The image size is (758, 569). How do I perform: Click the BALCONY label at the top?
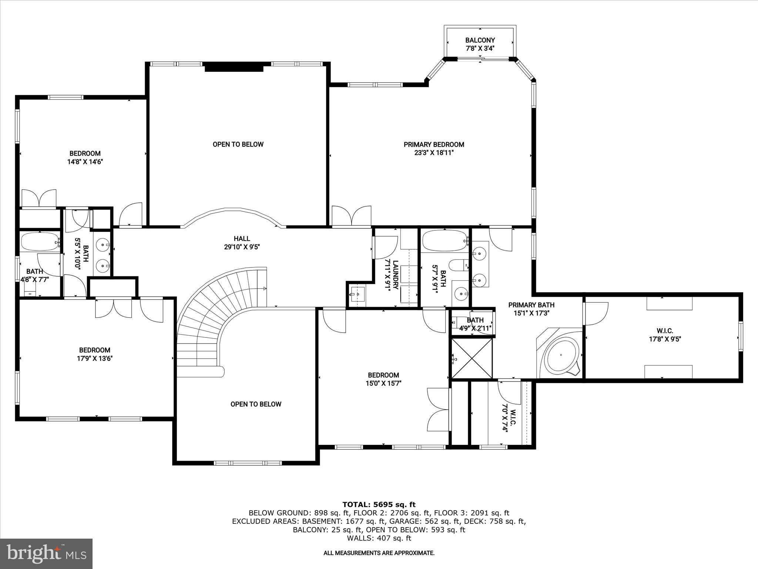coord(480,44)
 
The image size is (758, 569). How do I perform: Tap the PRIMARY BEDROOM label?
coord(434,148)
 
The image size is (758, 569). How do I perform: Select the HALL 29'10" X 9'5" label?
coord(242,243)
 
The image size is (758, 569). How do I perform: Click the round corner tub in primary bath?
coord(561,355)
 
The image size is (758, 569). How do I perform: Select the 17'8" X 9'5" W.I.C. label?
coord(665,335)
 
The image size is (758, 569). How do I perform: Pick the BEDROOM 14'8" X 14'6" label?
coord(85,157)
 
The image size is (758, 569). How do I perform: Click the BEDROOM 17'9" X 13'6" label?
coord(95,354)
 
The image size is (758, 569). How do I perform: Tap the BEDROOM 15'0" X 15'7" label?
coord(383,379)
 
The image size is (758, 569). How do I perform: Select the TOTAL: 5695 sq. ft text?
coord(379,505)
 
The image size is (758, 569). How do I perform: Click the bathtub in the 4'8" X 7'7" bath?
coord(40,242)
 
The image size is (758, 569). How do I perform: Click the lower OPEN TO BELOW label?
coord(256,404)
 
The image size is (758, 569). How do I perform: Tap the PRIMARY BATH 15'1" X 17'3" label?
coord(531,309)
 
